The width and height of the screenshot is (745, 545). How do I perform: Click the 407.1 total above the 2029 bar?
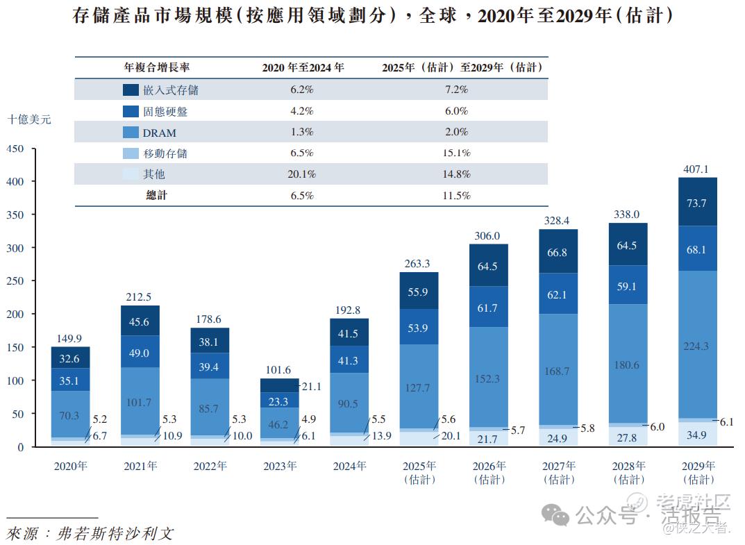tap(697, 169)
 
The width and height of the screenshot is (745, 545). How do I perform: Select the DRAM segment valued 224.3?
tap(697, 346)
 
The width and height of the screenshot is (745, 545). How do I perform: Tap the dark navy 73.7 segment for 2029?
tap(697, 203)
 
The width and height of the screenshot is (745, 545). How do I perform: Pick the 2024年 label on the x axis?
tap(349, 467)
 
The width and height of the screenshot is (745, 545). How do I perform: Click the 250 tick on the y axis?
tap(15, 281)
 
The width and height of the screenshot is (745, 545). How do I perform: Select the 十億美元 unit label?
tap(28, 119)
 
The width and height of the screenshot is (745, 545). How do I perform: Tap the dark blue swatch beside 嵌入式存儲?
tap(131, 90)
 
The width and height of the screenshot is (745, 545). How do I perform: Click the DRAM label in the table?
tap(160, 133)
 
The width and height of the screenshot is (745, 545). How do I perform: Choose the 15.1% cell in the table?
tap(456, 153)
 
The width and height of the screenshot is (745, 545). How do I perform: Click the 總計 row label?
tap(156, 196)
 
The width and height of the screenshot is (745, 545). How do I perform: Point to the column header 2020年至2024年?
tap(303, 68)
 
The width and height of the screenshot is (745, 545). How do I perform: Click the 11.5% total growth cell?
tap(456, 196)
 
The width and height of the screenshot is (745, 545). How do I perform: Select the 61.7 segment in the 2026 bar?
tap(487, 308)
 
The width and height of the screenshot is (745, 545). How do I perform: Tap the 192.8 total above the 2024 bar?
tap(349, 310)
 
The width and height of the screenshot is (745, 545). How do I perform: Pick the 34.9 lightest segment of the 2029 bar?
tap(697, 435)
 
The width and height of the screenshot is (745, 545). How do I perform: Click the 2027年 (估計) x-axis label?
tap(558, 472)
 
